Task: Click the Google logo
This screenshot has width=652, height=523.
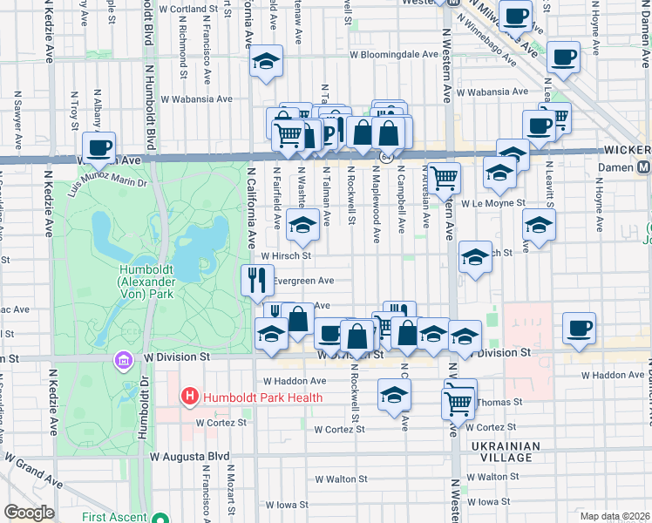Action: tap(29, 513)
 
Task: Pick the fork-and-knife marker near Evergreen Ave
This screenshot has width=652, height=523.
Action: tap(257, 280)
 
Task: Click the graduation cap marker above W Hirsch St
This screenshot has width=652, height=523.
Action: tap(302, 226)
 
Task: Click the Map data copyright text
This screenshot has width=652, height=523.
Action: tap(615, 516)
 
